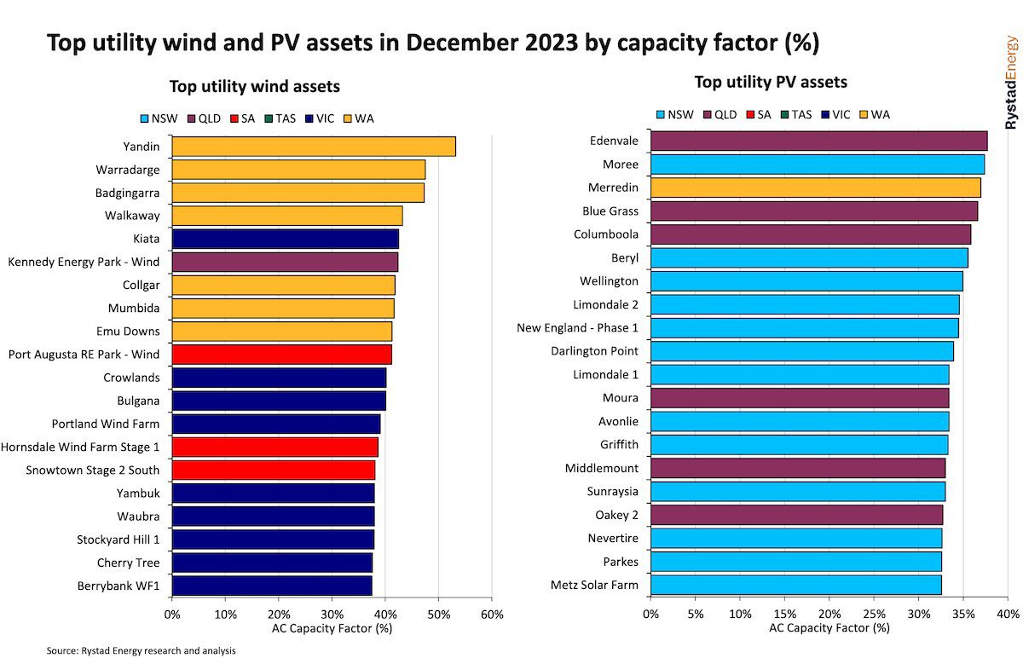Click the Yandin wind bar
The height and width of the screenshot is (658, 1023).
click(314, 147)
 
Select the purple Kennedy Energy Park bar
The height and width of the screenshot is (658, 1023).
click(285, 262)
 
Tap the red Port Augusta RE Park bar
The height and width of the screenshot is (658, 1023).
click(281, 354)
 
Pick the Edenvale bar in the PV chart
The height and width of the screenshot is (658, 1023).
click(818, 141)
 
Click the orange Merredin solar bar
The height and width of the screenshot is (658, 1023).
click(815, 188)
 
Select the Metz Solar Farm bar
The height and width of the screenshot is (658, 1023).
click(796, 585)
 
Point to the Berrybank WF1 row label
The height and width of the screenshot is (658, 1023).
click(122, 586)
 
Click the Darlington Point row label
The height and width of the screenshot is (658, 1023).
click(595, 350)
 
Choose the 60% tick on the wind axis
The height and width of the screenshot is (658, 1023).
click(492, 615)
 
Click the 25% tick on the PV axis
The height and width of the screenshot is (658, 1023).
click(874, 614)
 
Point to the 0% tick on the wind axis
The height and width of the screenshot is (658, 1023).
click(172, 615)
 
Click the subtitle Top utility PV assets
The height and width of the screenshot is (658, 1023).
click(771, 83)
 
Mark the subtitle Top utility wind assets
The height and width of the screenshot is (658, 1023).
click(254, 86)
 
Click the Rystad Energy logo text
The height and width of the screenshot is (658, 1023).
click(1011, 83)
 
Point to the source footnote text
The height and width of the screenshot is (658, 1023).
click(141, 650)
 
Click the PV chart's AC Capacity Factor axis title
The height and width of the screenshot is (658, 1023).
click(829, 628)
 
